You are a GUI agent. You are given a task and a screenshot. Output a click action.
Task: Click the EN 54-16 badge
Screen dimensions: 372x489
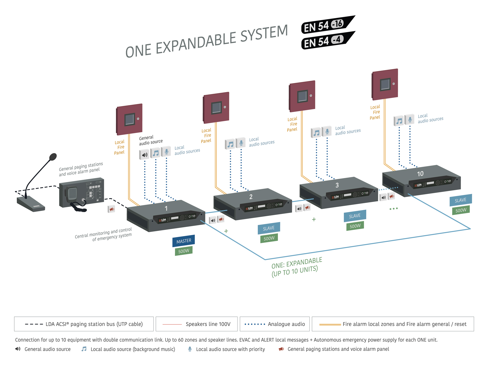tap(327, 25)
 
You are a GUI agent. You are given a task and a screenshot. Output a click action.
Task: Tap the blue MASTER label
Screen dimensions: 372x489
tap(184, 241)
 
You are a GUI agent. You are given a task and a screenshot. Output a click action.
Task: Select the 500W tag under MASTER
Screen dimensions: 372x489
tap(184, 251)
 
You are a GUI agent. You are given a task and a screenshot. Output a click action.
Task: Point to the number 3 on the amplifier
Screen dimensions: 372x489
tap(337, 185)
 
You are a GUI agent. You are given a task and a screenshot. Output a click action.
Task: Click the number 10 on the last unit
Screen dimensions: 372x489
tap(420, 174)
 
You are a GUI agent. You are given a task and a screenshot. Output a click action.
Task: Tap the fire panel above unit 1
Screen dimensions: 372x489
tap(129, 119)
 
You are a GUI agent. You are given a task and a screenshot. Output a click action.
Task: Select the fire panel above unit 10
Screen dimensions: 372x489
tap(385, 84)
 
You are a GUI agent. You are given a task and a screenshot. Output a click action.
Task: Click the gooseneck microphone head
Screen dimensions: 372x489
tap(53, 157)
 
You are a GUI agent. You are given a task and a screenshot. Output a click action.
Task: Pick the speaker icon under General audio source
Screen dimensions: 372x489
tap(144, 155)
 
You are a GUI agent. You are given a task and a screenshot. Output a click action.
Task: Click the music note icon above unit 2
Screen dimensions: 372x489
tap(230, 144)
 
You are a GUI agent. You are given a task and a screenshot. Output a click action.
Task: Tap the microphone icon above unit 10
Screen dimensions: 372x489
tap(410, 119)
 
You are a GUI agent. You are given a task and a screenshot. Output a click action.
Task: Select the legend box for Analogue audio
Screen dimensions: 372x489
tap(275, 324)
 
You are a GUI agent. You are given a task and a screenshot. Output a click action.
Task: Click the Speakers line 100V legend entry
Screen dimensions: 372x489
tap(197, 324)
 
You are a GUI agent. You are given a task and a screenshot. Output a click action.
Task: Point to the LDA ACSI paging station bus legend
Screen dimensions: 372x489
tap(84, 324)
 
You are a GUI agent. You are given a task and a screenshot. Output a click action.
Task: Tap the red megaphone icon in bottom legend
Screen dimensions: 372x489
tap(281, 349)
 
